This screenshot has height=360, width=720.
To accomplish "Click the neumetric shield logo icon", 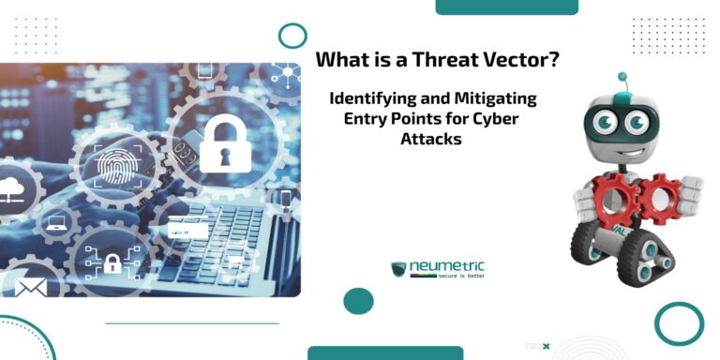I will tap(399, 269).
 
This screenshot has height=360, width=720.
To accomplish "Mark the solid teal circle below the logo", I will tap(358, 301).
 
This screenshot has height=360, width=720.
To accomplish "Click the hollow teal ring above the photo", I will tap(292, 36).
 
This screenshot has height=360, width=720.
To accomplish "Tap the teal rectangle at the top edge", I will tap(506, 7).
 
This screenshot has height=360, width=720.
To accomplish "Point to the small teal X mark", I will tap(546, 346).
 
